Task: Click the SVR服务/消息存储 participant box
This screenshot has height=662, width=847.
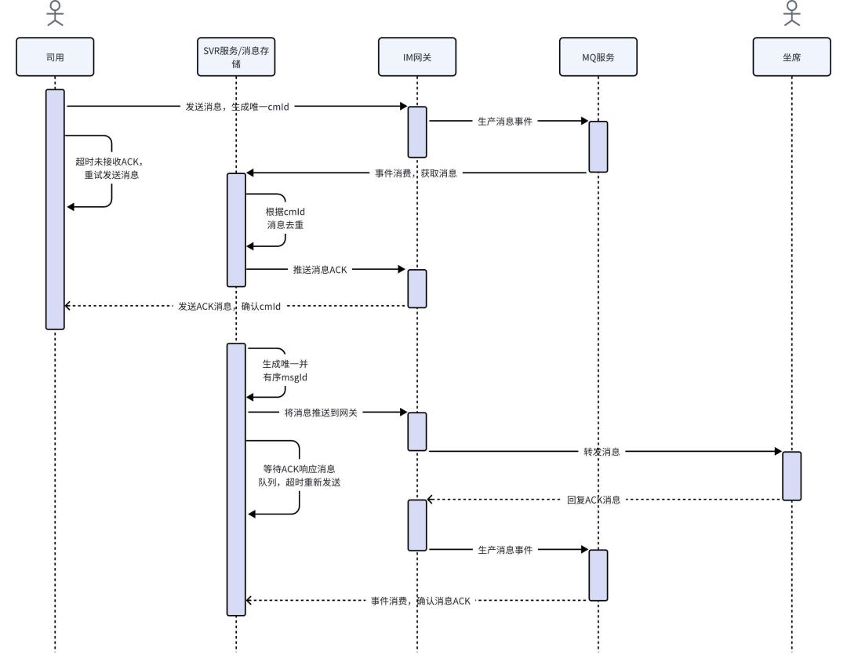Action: (x=236, y=56)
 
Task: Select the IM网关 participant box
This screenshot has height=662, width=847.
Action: (x=417, y=56)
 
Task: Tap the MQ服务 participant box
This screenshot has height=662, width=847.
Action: (x=598, y=56)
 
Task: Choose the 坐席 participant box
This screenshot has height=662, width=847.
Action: (x=792, y=56)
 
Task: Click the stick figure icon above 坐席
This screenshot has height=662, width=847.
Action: (x=792, y=13)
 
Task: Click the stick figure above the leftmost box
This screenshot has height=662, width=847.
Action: (x=55, y=13)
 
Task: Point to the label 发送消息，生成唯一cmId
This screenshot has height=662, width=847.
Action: (x=237, y=107)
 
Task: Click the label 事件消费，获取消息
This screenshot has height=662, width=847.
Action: (x=416, y=173)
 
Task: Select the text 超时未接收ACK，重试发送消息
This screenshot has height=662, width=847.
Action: (x=111, y=168)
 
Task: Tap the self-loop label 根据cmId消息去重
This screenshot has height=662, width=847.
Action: (x=285, y=218)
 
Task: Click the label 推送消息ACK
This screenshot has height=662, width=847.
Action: (x=320, y=269)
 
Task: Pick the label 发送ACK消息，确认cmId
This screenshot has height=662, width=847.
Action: (x=230, y=306)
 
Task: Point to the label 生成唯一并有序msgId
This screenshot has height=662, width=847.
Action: (x=285, y=371)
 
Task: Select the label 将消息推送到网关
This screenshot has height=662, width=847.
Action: (x=321, y=413)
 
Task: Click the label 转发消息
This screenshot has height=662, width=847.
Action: (x=602, y=451)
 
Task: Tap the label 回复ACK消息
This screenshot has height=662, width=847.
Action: (x=594, y=500)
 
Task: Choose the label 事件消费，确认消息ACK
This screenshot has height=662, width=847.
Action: (x=420, y=600)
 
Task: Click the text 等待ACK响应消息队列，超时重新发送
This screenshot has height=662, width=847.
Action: (x=300, y=475)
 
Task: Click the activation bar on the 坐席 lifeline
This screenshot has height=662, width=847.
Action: (x=792, y=476)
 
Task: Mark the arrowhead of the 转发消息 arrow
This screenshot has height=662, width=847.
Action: (x=779, y=451)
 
